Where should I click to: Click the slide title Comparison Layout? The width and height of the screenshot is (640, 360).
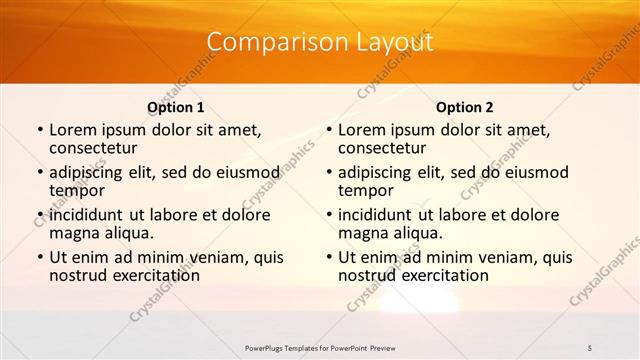tap(320, 42)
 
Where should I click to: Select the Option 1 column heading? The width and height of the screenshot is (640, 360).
tap(175, 107)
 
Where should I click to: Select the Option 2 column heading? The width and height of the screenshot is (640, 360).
tap(464, 107)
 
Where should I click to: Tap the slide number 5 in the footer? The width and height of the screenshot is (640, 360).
tap(591, 347)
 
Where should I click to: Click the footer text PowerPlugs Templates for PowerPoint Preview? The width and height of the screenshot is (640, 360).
tap(320, 347)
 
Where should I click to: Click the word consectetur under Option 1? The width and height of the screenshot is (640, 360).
tap(94, 148)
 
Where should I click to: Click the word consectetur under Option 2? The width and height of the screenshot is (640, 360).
tap(383, 148)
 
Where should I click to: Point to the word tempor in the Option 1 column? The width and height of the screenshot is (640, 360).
tap(77, 190)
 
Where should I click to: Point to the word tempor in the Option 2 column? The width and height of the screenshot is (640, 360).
tap(366, 190)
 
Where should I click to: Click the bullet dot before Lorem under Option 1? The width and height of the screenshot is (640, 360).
tap(39, 131)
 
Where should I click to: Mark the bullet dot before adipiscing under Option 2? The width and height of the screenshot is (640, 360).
tap(328, 173)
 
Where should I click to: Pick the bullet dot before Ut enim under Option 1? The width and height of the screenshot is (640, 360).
tap(39, 258)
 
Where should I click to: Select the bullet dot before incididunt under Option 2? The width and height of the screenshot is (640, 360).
tap(328, 216)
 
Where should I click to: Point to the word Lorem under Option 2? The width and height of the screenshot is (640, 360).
tap(361, 130)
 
